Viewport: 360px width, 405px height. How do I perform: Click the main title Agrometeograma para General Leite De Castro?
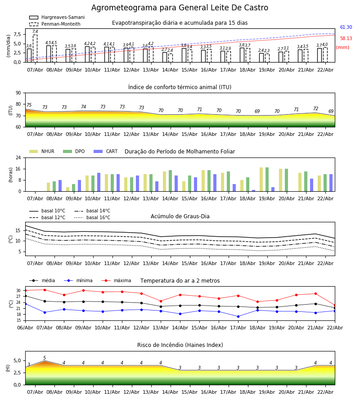point(180,8)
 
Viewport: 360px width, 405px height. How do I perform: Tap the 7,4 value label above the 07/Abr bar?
point(35,31)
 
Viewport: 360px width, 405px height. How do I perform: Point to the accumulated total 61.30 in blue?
point(346,27)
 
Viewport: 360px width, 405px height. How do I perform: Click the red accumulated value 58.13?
point(346,39)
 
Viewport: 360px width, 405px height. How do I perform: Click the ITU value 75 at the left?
point(29,105)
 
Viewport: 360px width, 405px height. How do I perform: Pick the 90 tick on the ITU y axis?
point(18,93)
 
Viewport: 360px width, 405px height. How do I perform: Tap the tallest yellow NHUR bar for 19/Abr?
point(261,179)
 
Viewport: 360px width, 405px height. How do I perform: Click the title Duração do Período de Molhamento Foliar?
point(180,152)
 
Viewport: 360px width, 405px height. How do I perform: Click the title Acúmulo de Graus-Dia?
point(180,216)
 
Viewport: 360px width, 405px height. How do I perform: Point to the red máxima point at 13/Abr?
point(161,301)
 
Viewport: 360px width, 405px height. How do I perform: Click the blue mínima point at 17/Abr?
point(238,316)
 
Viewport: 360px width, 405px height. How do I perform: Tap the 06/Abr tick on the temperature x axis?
point(25,327)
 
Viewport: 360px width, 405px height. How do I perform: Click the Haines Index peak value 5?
point(45,358)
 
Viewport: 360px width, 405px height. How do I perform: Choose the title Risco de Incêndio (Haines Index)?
point(180,345)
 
